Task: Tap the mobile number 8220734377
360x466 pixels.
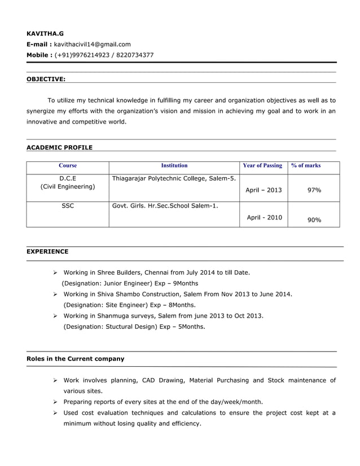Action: [134, 55]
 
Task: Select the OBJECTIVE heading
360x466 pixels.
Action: [46, 80]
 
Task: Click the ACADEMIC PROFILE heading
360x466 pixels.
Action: [59, 147]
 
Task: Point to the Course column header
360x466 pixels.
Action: [68, 165]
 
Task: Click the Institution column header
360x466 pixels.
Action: [174, 165]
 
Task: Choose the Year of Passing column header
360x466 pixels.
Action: [262, 165]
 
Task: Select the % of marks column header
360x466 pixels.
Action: [306, 165]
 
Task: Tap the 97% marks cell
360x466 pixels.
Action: [314, 190]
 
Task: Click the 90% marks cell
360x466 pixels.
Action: [314, 220]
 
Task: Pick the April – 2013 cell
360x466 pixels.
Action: [264, 190]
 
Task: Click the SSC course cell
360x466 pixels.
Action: [68, 206]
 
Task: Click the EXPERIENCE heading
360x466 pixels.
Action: [47, 252]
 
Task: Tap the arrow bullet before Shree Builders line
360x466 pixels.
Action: [56, 272]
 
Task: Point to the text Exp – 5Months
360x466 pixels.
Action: [182, 326]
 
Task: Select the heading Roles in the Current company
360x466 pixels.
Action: [76, 359]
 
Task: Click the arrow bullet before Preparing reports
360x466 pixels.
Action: [56, 402]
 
